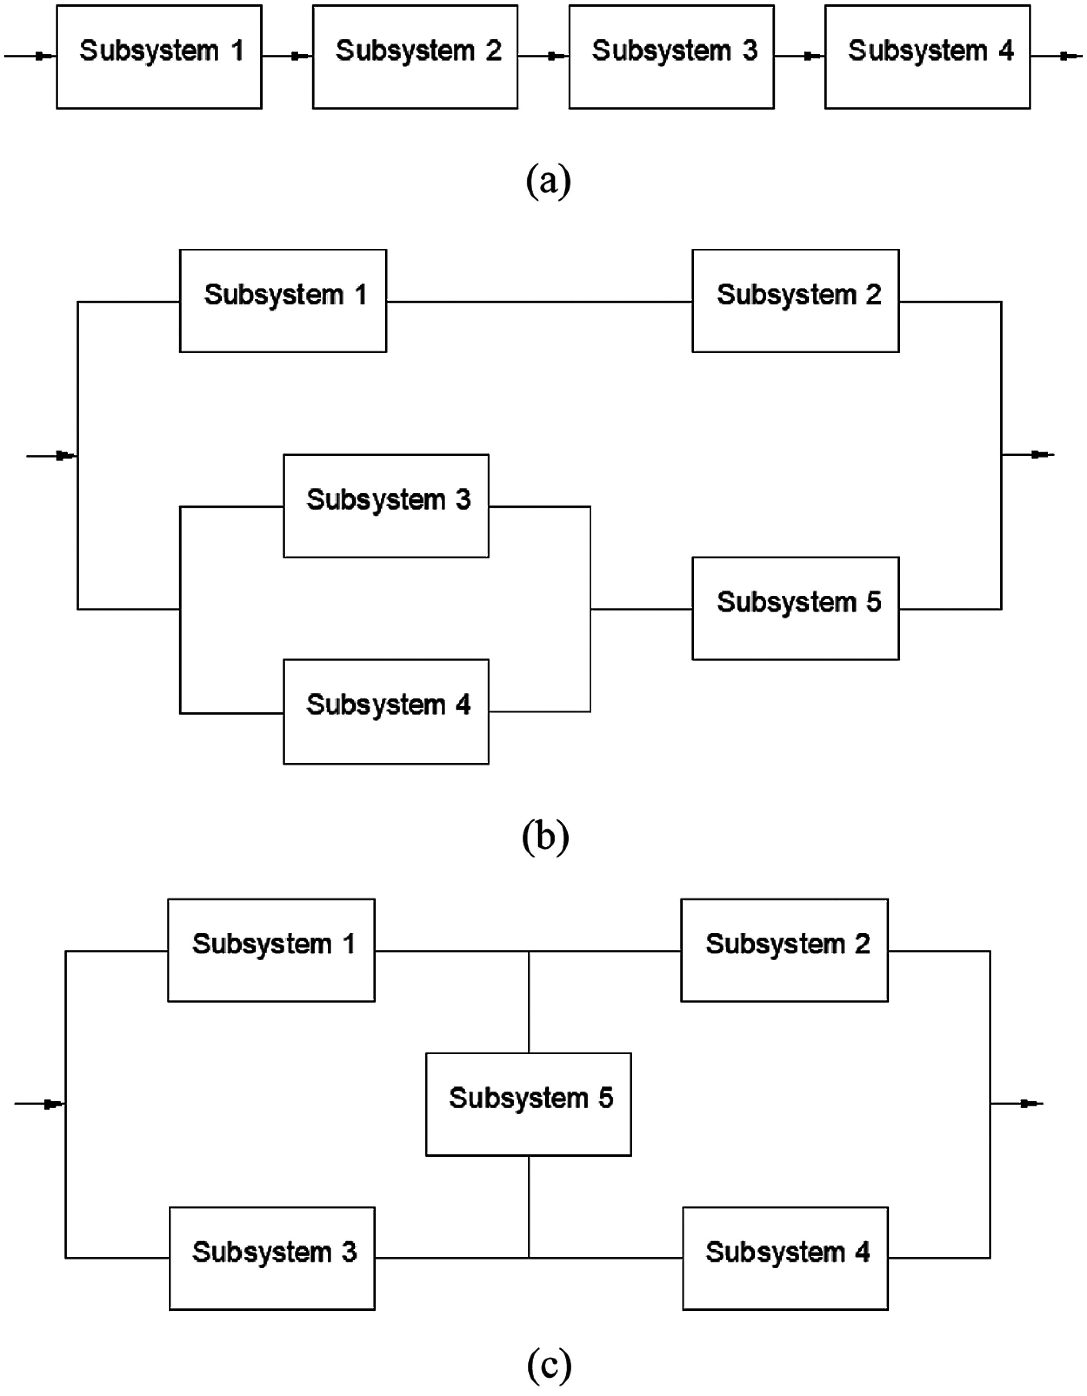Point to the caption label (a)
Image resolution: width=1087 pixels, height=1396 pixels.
click(548, 181)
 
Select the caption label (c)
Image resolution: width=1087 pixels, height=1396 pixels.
click(548, 1364)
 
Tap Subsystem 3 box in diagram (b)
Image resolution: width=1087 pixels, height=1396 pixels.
click(386, 506)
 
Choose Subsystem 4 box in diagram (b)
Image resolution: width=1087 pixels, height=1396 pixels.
click(386, 711)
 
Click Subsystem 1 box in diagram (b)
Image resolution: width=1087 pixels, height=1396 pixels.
click(283, 301)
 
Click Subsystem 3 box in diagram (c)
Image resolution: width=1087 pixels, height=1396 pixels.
click(272, 1258)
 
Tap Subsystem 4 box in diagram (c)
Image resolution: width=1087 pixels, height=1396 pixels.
click(785, 1258)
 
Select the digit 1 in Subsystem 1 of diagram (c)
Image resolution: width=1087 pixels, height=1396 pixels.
click(349, 944)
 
